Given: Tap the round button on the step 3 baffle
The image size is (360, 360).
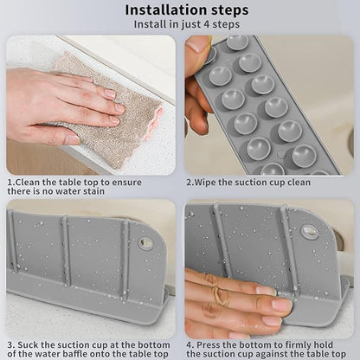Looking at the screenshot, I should point(145,244).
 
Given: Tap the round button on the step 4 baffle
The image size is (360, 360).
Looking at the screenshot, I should point(309,231).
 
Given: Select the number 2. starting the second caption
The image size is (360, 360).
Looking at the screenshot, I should point(190,183).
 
